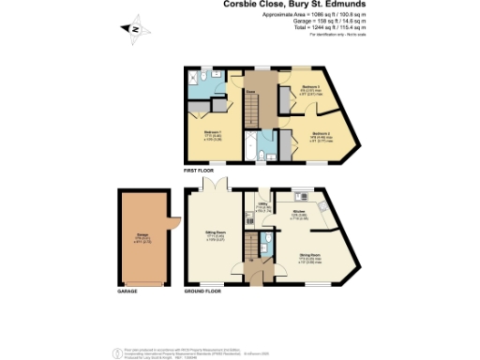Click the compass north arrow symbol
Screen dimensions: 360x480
133,32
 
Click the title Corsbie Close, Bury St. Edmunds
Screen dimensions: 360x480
293,5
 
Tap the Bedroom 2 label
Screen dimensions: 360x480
322,133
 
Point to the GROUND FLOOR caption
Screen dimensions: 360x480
202,292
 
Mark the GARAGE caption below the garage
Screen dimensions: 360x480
127,292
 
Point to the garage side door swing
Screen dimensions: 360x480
172,225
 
